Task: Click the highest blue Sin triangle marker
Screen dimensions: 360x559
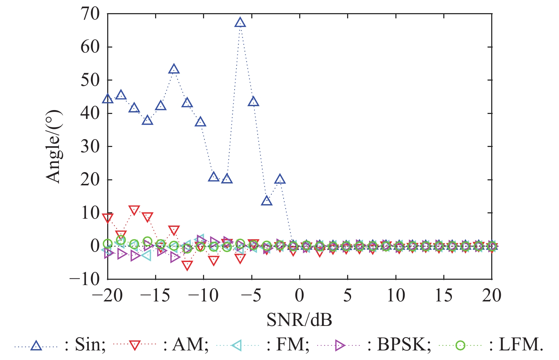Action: [x=240, y=23]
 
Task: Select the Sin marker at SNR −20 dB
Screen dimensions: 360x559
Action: [x=108, y=99]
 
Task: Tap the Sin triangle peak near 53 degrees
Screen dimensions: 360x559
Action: [x=174, y=69]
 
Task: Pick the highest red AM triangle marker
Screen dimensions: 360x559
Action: [x=134, y=210]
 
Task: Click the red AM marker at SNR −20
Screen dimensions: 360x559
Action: [x=108, y=218]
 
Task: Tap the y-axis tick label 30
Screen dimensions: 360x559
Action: [x=90, y=147]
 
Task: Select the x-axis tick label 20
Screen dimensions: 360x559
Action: [x=492, y=295]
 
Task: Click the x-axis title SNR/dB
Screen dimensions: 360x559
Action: [x=299, y=320]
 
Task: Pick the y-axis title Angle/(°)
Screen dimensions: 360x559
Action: [x=54, y=146]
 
